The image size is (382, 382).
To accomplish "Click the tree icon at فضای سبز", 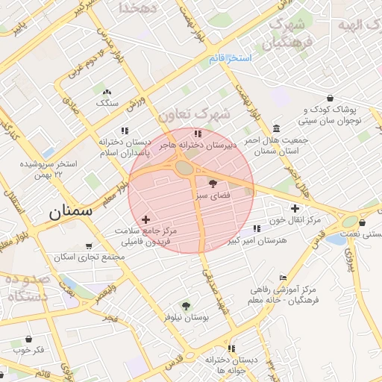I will (213, 182).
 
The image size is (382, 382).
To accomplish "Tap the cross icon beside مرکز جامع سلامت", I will (145, 219).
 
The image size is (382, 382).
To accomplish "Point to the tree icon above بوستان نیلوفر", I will (185, 305).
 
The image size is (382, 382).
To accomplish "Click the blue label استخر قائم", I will (230, 58).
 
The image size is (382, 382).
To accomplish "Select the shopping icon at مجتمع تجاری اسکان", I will (90, 245).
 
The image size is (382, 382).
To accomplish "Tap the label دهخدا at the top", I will (137, 7).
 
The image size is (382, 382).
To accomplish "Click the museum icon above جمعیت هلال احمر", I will (277, 128).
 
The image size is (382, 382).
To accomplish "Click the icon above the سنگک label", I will (106, 92).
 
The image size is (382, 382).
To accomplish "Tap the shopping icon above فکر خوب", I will (28, 338).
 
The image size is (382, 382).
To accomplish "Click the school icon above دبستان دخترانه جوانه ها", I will (232, 348).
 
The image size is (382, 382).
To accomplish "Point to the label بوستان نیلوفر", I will (186, 317).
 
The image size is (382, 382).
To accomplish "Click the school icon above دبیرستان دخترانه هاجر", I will (197, 134).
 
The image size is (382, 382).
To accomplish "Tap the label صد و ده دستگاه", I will (28, 287).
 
